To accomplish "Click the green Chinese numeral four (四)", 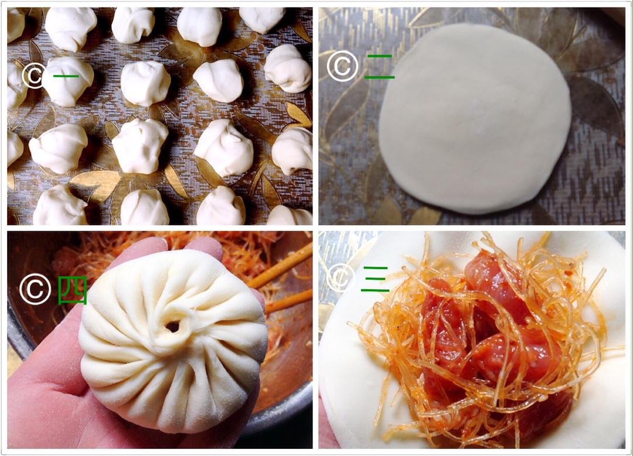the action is pos(73,290).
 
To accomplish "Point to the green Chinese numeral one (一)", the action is pos(66,76).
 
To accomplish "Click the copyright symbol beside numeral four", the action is pos(35,289).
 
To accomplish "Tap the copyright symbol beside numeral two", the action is pos(342,66).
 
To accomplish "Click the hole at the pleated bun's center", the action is pos(173,326).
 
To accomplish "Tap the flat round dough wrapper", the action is pos(475,118).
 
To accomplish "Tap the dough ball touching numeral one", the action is pos(68,81).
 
